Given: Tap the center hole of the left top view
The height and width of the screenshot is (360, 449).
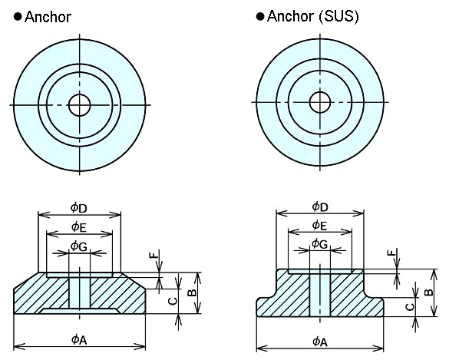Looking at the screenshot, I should coord(79,104).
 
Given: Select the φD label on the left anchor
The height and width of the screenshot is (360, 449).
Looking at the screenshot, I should coord(79,208).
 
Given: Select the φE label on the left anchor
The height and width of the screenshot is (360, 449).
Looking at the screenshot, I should coord(79,226).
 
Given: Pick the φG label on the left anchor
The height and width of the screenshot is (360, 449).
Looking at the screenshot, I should coord(79,246).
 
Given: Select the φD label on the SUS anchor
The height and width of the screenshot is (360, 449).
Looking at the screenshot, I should coord(320,206).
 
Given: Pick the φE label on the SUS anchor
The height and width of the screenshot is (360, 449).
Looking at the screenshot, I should coord(320,225).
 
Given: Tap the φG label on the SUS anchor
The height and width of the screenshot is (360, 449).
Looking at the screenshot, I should coord(320,244).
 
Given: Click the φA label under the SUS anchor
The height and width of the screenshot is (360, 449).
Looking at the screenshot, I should coord(320,342).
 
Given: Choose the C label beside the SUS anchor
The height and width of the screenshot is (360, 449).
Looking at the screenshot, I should coord(410,306).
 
